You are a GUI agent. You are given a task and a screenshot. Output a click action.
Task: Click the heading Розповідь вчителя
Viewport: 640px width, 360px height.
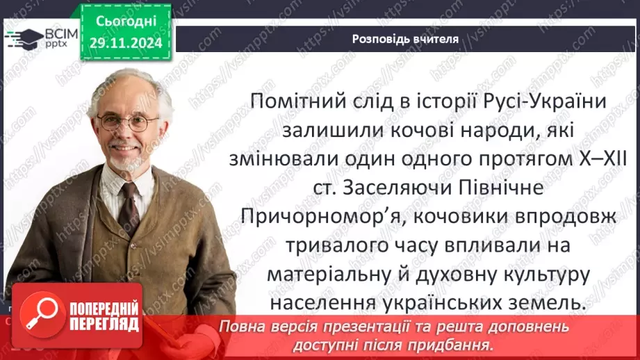[405, 39]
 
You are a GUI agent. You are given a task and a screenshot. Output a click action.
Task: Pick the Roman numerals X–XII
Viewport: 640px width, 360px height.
[598, 159]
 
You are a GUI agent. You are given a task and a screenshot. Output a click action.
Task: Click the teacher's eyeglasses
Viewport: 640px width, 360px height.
[129, 122]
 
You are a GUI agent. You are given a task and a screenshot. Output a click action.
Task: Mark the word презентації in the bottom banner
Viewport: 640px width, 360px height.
[402, 326]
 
